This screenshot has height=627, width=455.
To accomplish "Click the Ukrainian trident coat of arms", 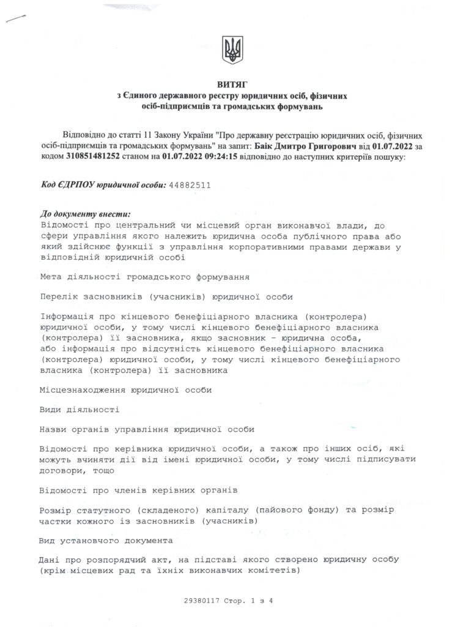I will pos(233,48).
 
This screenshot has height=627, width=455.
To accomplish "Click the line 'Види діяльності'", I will pos(79,409).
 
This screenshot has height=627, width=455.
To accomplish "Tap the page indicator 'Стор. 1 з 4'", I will pos(240,601).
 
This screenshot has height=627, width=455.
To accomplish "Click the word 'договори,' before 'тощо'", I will pos(61,471).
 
